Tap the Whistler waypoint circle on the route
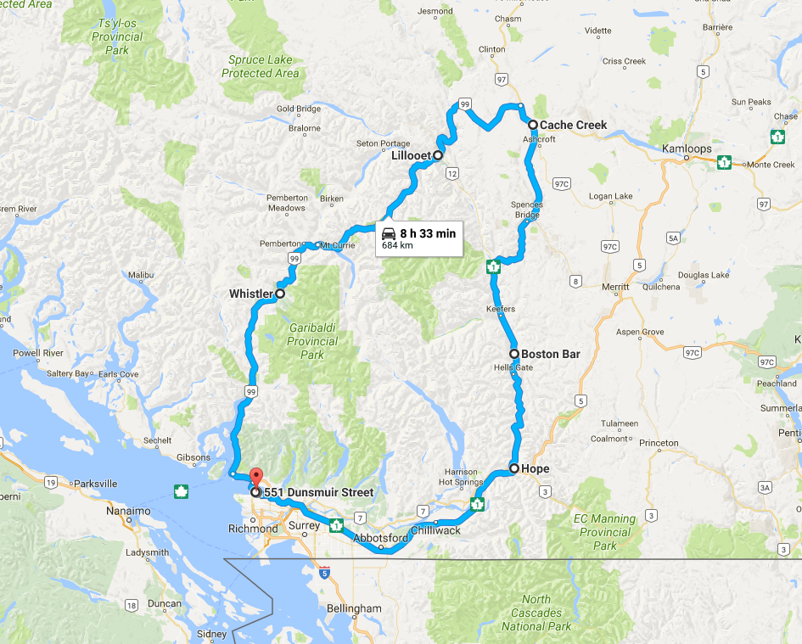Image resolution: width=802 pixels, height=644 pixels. point(279,294)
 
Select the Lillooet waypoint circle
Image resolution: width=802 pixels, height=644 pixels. point(438,156)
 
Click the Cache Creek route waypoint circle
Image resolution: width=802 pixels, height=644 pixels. point(532,125)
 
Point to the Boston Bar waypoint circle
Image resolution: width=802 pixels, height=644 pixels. point(513,354)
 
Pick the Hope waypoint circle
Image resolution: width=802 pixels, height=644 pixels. point(513,468)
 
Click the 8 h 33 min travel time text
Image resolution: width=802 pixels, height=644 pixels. point(428,233)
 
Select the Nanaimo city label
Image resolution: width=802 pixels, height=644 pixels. point(128,511)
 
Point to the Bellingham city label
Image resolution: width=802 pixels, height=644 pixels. point(354,608)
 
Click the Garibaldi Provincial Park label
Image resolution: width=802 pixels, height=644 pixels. point(312,341)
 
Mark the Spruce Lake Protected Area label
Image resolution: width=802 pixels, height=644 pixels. point(261,67)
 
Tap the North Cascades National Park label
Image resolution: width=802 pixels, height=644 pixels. point(536,613)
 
